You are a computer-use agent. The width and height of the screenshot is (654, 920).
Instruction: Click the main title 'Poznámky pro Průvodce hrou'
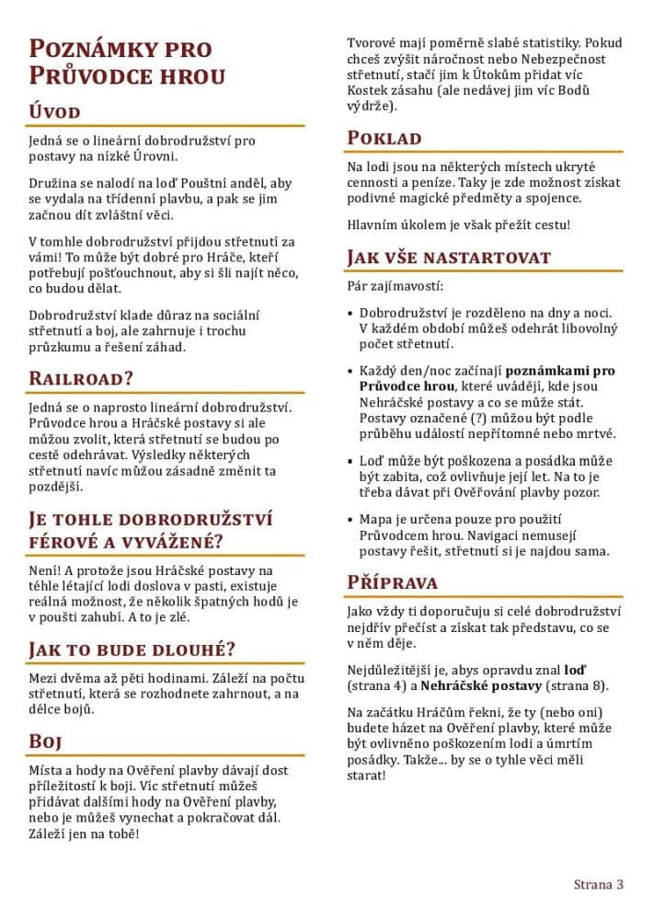click(x=127, y=62)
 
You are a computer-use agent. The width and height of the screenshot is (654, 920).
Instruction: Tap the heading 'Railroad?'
click(x=82, y=378)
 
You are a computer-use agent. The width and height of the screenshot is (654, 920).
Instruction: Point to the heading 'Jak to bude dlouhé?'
click(x=132, y=650)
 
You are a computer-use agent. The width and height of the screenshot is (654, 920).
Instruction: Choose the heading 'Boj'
click(x=46, y=742)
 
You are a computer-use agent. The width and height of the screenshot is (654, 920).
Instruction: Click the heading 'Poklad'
click(x=384, y=138)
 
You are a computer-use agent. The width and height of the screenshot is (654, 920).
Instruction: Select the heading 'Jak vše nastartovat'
click(x=449, y=258)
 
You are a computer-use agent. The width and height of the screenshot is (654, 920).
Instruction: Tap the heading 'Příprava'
click(x=392, y=582)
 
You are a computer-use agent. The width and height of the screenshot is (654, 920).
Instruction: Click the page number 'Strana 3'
click(x=599, y=885)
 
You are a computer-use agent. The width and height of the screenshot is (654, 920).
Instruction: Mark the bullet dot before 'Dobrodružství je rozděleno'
click(x=350, y=313)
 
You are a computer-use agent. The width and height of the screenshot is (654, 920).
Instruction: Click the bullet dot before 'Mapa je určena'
click(x=350, y=519)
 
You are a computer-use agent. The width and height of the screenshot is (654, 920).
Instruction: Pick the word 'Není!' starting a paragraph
click(x=45, y=571)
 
